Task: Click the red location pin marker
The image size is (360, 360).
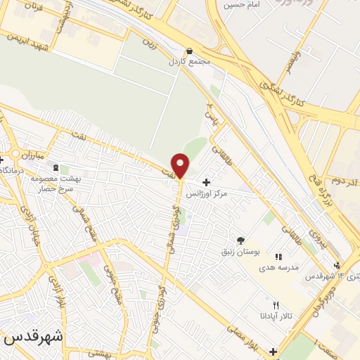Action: (181, 165)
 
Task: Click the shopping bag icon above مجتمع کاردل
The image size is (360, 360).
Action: (189, 51)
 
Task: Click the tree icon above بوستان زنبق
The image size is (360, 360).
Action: (241, 240)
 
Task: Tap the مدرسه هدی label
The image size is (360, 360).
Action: (279, 267)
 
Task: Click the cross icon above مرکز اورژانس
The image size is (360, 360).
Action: (206, 181)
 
